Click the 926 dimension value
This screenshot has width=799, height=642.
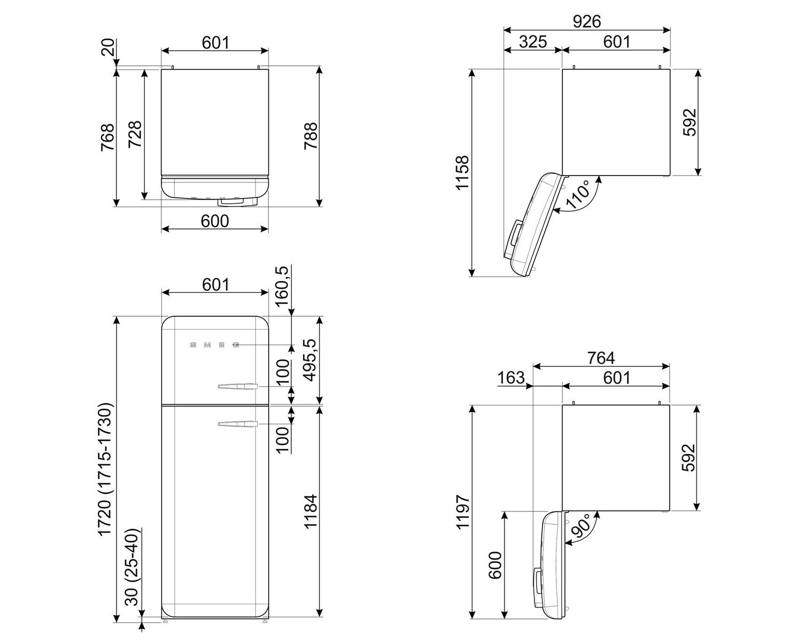[587, 21]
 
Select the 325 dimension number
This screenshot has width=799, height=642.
[533, 42]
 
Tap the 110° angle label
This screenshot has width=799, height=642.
[578, 195]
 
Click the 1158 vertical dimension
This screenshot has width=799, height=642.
[463, 173]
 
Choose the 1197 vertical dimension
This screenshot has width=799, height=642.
[463, 511]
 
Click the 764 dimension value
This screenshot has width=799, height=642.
[601, 358]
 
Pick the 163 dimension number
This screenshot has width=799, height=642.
[511, 378]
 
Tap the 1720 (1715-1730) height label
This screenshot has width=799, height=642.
[105, 469]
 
